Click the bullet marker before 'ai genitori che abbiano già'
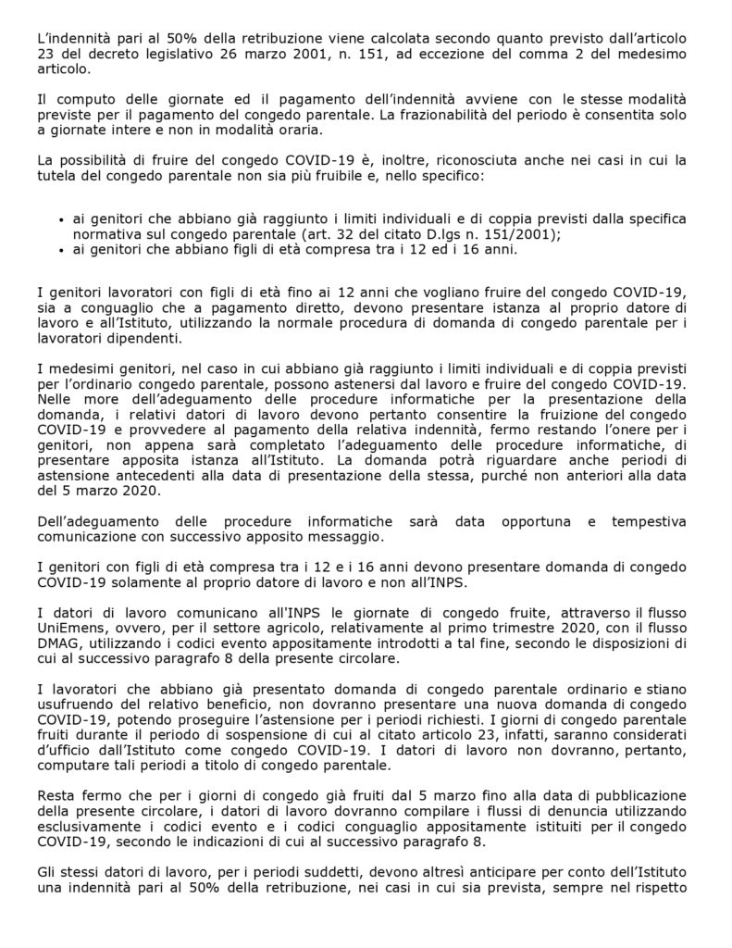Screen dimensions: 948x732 [62, 220]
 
